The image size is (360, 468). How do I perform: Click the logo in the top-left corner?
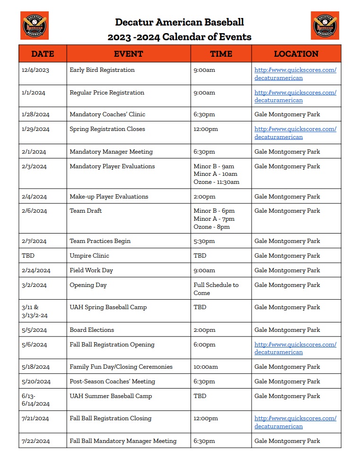pos(35,26)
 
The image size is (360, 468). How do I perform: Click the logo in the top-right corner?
pos(325,26)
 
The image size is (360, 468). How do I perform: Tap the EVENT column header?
pos(128,54)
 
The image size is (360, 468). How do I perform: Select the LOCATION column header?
pos(296,54)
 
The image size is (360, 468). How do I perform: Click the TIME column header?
pos(221,54)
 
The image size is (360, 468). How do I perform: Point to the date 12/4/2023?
pos(35,70)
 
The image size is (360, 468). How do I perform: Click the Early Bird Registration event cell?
pos(102,70)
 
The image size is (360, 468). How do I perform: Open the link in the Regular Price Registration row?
pos(295,96)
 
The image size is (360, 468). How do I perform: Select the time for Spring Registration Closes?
pos(206,129)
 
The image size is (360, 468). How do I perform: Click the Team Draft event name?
pos(86,211)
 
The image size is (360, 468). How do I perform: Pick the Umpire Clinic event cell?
pos(89,256)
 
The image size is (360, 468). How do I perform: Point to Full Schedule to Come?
pos(216,289)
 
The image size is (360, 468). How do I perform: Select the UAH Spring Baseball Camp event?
pos(108,307)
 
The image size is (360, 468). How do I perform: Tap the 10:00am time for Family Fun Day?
pos(206,367)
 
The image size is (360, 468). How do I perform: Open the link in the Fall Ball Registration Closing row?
pos(295,422)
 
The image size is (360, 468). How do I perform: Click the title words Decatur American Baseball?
pos(180,22)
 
